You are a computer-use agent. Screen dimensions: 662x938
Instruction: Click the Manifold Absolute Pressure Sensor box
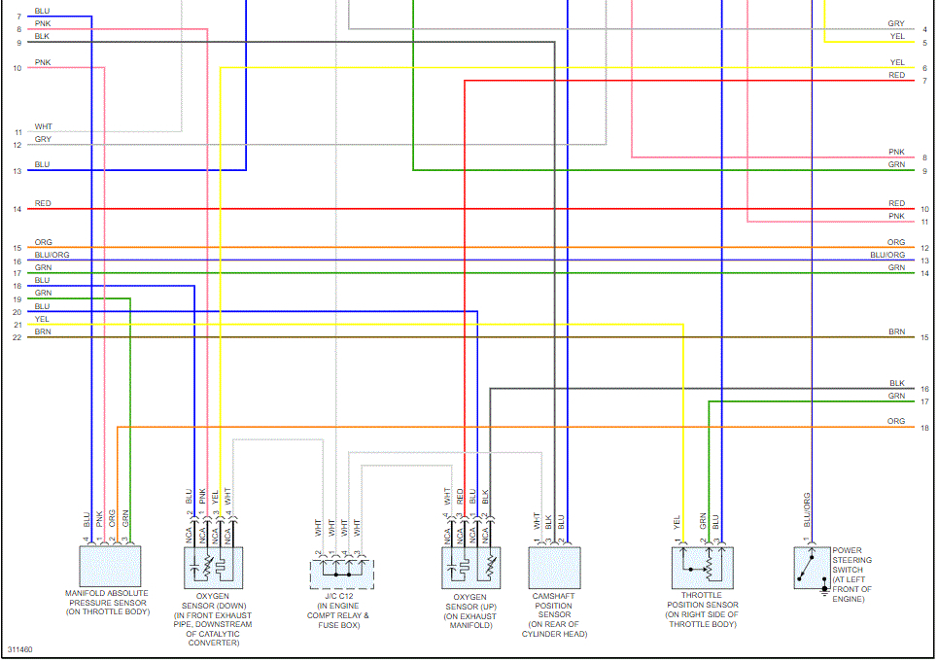coord(110,565)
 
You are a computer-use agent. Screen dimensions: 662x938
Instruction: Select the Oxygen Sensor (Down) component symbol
coord(214,568)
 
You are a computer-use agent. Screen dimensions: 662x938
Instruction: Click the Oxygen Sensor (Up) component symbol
coord(471,568)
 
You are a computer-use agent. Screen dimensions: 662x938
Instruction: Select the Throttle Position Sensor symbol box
coord(702,568)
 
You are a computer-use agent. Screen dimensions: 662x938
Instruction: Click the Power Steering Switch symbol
coord(812,569)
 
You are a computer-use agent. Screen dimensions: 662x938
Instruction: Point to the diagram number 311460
coord(19,648)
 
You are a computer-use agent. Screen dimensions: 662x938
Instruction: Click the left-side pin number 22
coord(17,337)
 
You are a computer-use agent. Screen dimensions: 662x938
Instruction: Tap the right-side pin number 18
coord(924,428)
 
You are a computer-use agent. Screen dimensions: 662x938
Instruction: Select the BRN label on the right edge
coord(896,332)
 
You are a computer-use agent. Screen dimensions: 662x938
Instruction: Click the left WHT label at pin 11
coord(44,126)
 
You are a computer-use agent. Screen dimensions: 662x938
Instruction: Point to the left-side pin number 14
coord(17,209)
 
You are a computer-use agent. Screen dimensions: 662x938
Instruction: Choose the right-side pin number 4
coord(924,30)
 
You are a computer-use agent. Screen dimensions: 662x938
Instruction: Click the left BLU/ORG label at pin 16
coord(52,255)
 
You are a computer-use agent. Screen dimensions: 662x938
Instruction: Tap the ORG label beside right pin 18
coord(896,422)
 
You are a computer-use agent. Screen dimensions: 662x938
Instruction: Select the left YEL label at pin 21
coord(42,319)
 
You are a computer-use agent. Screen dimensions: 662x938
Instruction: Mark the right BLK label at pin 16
coord(896,384)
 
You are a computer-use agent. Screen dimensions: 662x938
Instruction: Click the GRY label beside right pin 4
coord(896,24)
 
